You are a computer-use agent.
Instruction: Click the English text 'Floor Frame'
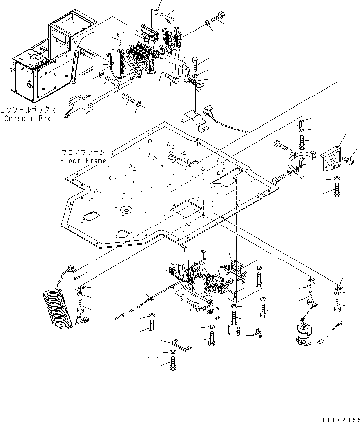point(84,161)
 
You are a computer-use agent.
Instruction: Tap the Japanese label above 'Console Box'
point(29,111)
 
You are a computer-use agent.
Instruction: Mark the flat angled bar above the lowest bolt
point(175,343)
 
